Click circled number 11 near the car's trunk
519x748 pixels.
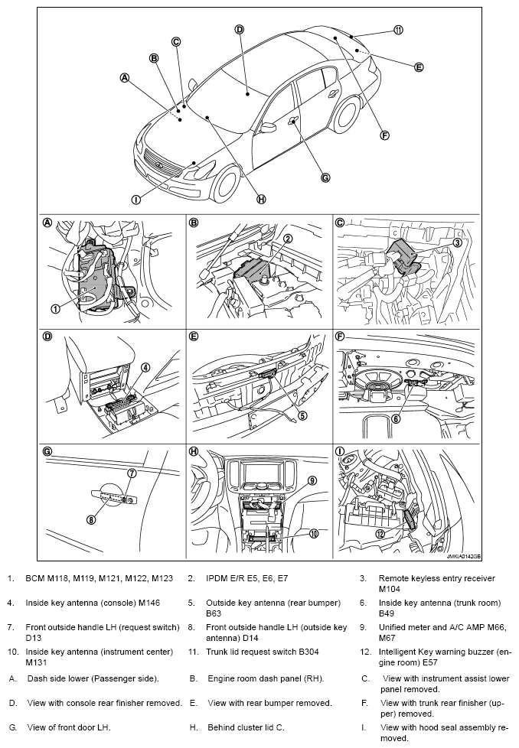[x=398, y=30]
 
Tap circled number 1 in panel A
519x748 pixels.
[x=55, y=309]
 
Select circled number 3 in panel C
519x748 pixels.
[x=457, y=242]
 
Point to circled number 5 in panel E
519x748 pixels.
[x=302, y=416]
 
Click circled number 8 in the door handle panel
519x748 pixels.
[x=91, y=520]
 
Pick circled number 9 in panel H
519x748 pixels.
[x=313, y=480]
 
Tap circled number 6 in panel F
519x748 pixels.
[x=397, y=418]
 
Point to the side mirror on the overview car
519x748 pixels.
[x=269, y=127]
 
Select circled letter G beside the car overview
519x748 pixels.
[x=325, y=177]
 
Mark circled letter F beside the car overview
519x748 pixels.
[x=385, y=135]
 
